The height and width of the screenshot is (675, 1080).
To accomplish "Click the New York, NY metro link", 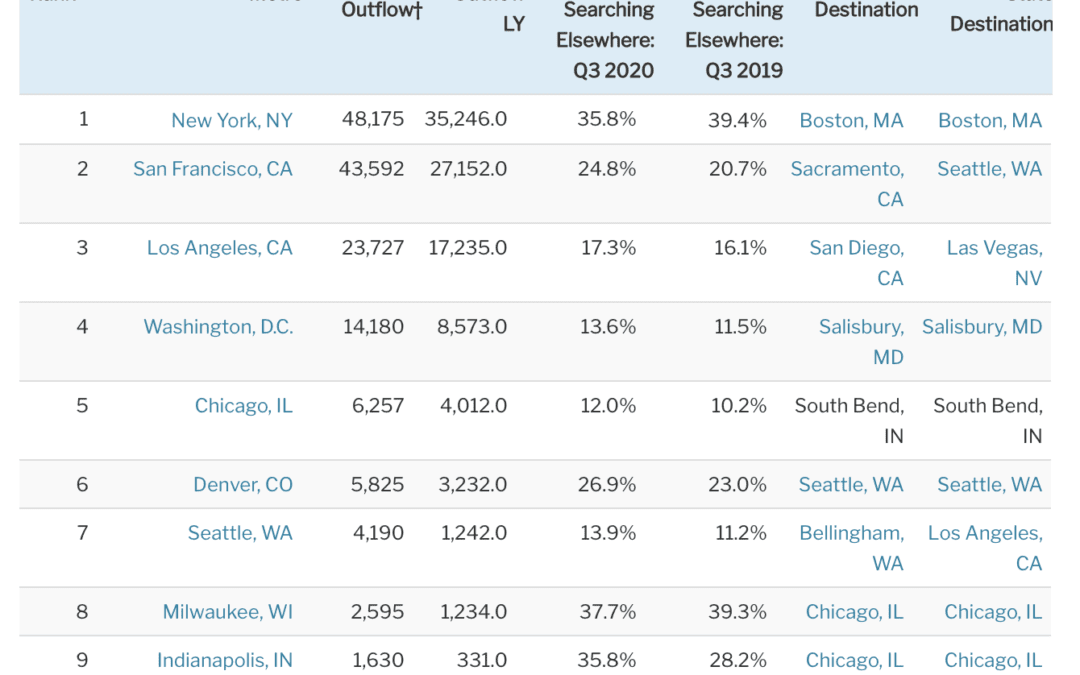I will pyautogui.click(x=232, y=120).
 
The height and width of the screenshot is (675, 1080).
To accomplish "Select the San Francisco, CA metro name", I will pyautogui.click(x=213, y=169).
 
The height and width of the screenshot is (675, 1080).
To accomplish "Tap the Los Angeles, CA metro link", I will pyautogui.click(x=220, y=248).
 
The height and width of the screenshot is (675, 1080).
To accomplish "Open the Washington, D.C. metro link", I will pyautogui.click(x=218, y=327).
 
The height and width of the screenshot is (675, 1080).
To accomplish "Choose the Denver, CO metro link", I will pyautogui.click(x=243, y=485).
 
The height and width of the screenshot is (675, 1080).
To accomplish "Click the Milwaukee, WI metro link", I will pyautogui.click(x=228, y=612).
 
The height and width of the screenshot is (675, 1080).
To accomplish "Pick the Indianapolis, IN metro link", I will pyautogui.click(x=225, y=661).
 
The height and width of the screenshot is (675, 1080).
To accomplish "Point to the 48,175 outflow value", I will pyautogui.click(x=372, y=120).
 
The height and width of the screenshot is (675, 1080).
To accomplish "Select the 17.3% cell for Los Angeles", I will pyautogui.click(x=608, y=248).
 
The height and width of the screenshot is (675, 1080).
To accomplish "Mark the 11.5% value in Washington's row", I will pyautogui.click(x=740, y=327).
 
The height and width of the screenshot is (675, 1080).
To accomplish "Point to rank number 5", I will pyautogui.click(x=82, y=406).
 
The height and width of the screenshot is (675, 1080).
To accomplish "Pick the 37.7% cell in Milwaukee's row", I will pyautogui.click(x=607, y=612).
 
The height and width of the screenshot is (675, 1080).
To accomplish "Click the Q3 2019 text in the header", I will pyautogui.click(x=744, y=71).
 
